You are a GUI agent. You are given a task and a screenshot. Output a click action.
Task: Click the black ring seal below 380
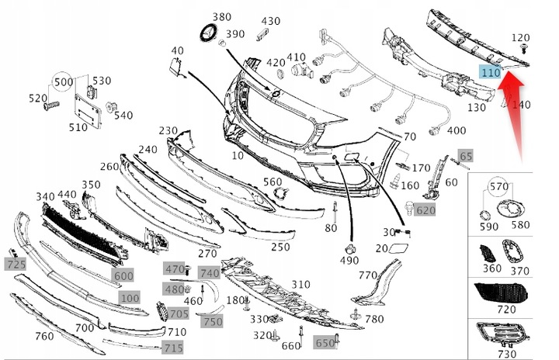(x=209, y=33)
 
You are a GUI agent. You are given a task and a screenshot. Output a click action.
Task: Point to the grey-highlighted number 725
(x=16, y=265)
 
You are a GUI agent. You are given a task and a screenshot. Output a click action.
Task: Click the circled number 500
(x=62, y=81)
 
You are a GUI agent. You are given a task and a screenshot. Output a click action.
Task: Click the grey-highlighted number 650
(x=324, y=342)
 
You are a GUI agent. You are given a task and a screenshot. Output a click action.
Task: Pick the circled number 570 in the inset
(x=498, y=186)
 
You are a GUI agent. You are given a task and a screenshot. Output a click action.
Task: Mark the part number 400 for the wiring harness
(x=457, y=130)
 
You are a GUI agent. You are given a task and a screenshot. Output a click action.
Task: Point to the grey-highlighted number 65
(x=465, y=157)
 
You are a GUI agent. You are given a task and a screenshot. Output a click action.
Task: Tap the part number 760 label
(x=45, y=336)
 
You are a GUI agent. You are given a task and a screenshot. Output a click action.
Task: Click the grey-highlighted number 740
(x=210, y=273)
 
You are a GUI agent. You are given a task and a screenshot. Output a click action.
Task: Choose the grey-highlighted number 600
(x=123, y=275)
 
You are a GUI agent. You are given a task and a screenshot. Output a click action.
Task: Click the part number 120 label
(x=521, y=37)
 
